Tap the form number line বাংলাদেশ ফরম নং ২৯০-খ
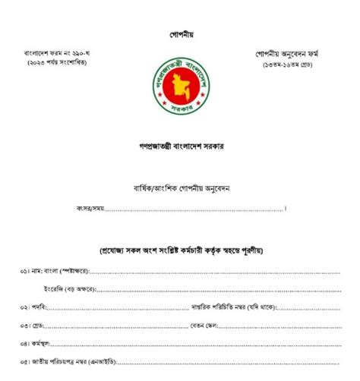(x=55, y=54)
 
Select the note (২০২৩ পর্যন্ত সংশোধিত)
(x=55, y=64)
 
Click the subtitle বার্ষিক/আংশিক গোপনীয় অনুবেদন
(x=181, y=187)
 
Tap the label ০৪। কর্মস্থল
(x=40, y=343)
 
